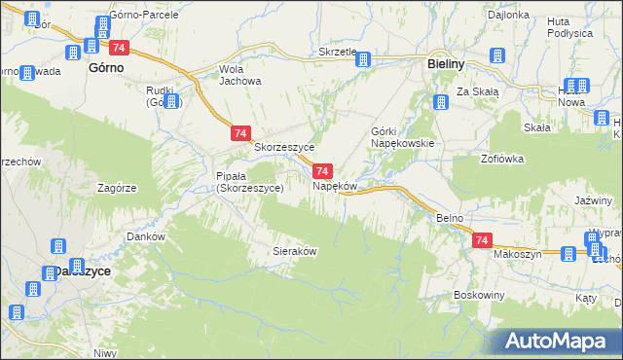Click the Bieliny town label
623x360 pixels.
[x=450, y=64]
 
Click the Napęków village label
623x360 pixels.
[x=336, y=185]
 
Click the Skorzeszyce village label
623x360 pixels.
[x=284, y=148]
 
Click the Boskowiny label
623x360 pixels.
[x=477, y=294]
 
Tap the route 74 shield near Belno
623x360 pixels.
[x=481, y=239]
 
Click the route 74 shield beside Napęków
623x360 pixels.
[x=325, y=170]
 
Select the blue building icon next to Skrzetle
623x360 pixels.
[x=363, y=59]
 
